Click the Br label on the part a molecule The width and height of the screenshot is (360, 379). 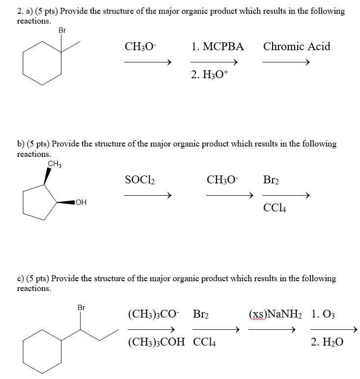(62, 30)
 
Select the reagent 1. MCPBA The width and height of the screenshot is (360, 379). (218, 47)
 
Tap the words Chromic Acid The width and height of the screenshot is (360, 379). (297, 47)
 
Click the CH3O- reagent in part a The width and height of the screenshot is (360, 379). (140, 47)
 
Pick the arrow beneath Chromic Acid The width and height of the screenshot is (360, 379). (286, 62)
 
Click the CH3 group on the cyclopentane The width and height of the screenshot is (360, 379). (54, 164)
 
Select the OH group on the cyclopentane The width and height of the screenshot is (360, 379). (81, 202)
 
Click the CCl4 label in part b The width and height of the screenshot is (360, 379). (275, 208)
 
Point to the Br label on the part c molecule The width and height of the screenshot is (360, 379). (82, 308)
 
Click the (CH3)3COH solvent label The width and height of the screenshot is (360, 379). (157, 342)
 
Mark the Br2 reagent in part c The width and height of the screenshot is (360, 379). (203, 314)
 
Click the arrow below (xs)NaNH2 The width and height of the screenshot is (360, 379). (272, 330)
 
